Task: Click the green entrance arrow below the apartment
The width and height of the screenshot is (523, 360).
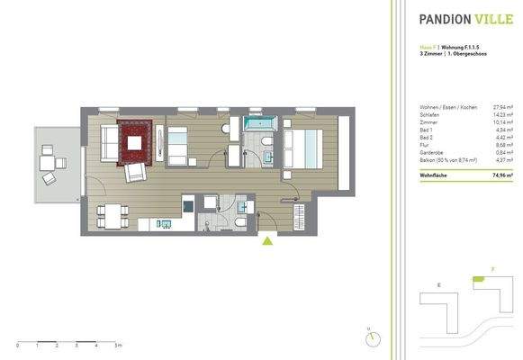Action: click(267, 239)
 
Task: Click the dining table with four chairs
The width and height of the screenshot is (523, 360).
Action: click(109, 216)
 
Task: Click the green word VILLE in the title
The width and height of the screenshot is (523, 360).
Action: click(492, 17)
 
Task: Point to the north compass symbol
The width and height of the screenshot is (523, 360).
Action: click(372, 337)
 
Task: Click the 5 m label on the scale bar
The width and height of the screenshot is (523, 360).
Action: click(119, 345)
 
